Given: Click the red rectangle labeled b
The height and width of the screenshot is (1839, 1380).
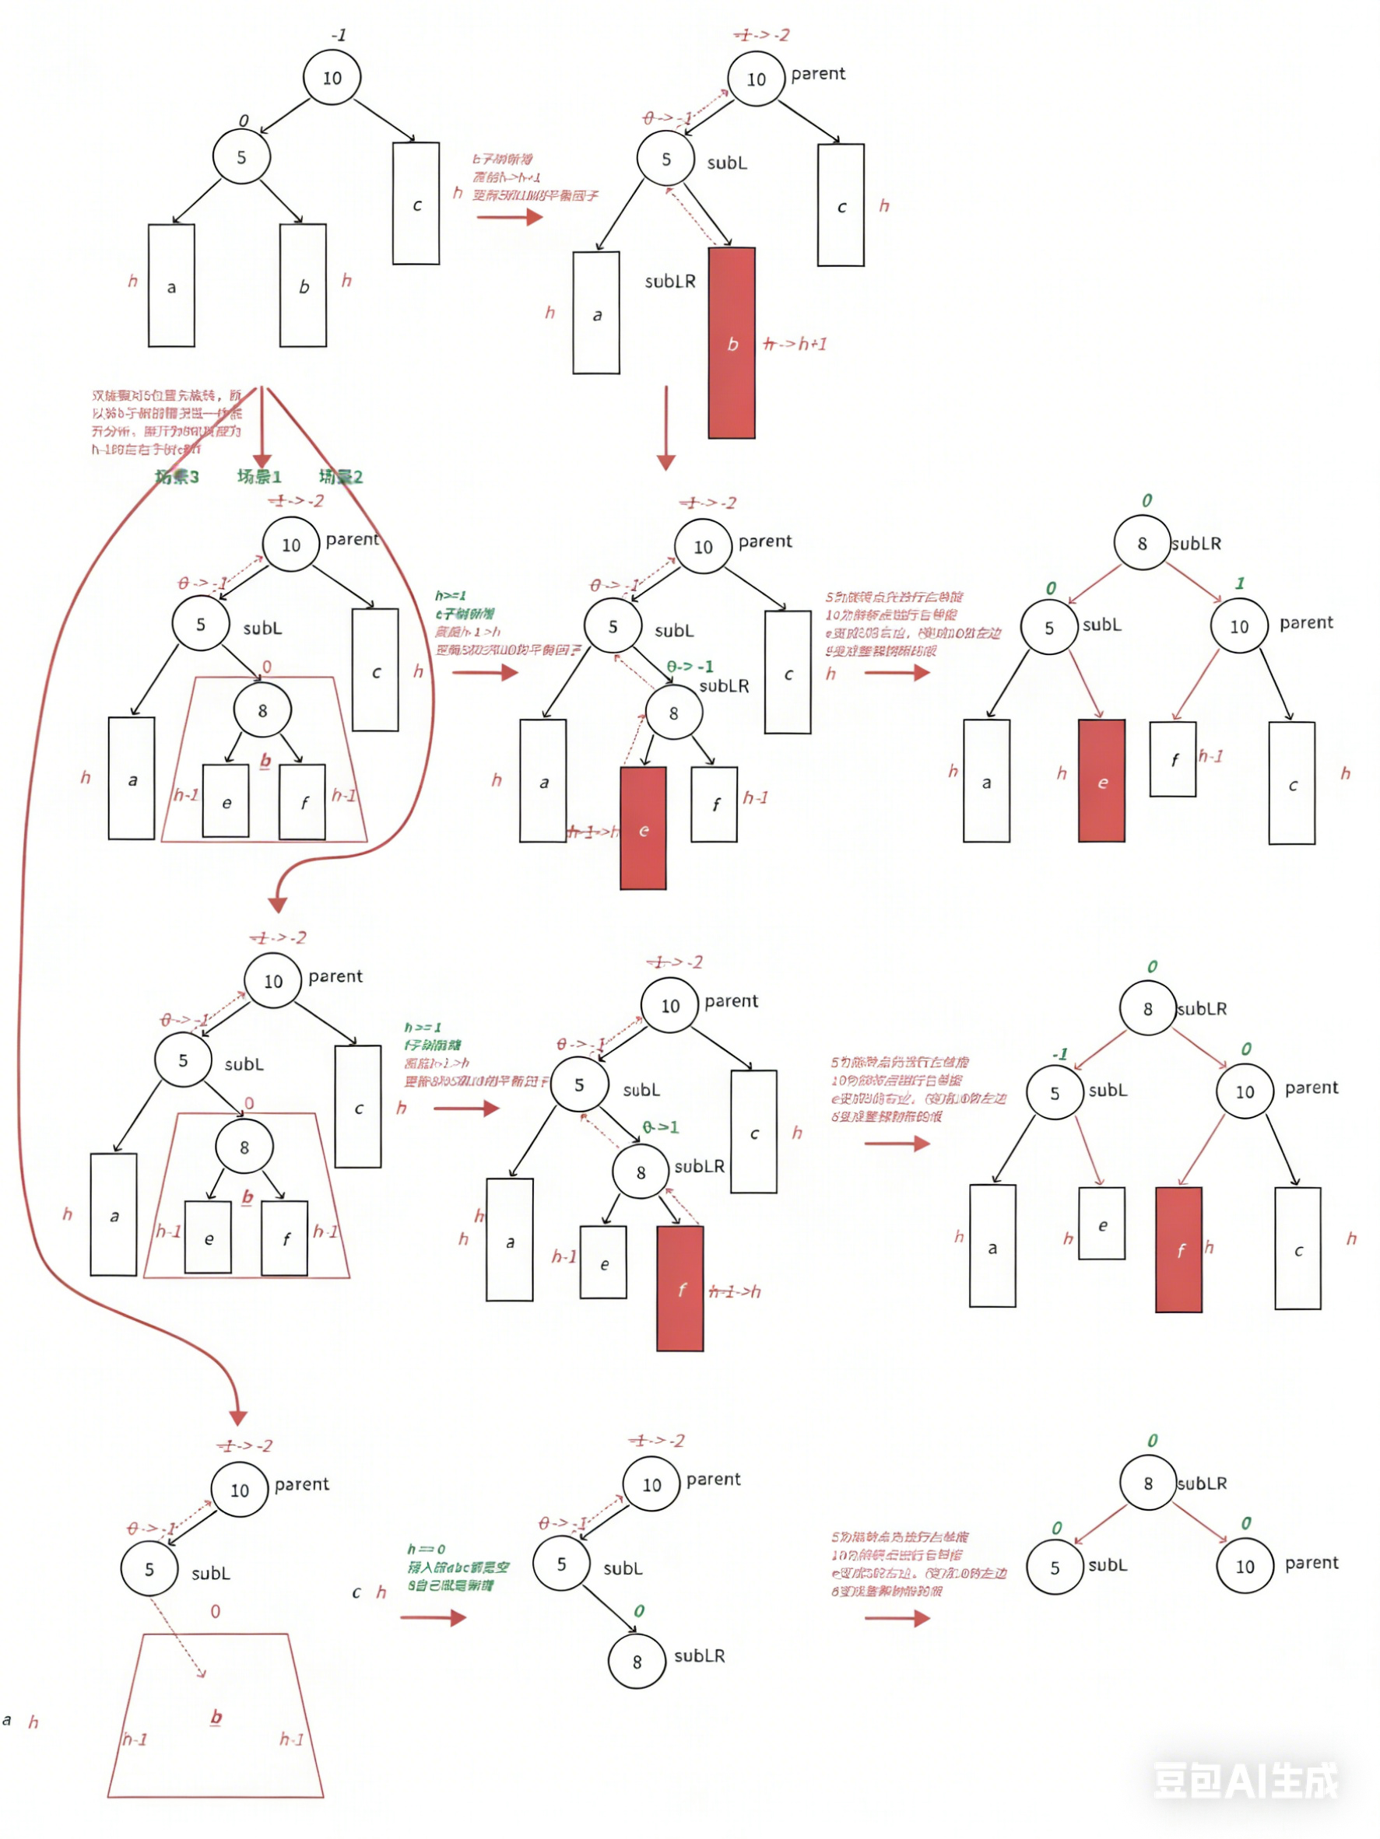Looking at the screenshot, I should point(731,342).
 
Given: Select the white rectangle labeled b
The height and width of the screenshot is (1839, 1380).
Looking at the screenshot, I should point(303,285).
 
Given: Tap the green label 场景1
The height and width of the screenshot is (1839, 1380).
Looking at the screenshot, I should point(258,476).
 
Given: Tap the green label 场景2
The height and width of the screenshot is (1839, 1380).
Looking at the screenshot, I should point(340,476).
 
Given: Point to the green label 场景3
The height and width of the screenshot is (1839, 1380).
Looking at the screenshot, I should point(177,476).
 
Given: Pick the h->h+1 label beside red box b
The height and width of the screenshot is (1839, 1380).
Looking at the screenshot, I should point(795,343).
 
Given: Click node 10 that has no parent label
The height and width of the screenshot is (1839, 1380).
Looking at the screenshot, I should point(332,78).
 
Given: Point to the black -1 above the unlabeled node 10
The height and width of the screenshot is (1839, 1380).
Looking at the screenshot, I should point(338,36).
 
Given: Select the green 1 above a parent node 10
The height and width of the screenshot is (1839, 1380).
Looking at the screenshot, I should point(1239,583).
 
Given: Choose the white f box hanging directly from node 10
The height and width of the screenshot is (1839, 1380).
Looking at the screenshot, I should point(1173,759).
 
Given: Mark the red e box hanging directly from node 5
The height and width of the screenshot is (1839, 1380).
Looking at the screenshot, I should point(1101,781).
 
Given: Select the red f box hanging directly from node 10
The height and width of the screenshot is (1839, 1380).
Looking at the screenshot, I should point(1178,1249).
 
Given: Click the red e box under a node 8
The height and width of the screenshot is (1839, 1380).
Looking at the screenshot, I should point(643,828).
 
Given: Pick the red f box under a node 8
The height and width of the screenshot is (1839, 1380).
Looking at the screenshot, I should point(680,1287).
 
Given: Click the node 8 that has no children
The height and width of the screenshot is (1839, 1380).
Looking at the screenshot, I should point(637,1660).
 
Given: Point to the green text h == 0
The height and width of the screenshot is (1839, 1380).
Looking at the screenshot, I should point(426,1549).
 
